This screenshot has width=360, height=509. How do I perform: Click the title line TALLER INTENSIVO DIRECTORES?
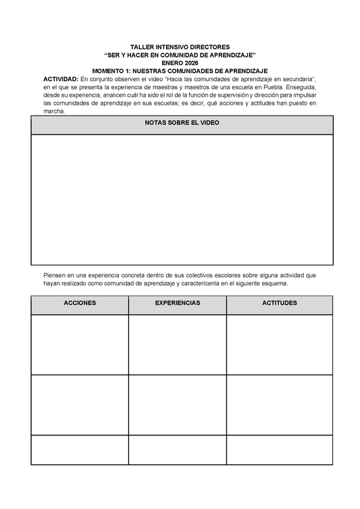[x=180, y=47]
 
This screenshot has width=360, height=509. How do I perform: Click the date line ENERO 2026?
[x=180, y=63]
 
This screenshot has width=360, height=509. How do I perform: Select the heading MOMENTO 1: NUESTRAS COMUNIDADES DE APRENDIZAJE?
[x=180, y=71]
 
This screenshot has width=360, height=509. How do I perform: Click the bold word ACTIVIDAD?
[x=61, y=79]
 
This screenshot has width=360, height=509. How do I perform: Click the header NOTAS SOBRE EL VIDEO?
[x=182, y=123]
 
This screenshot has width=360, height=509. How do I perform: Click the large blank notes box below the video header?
[x=182, y=199]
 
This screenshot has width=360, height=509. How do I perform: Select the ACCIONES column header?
[x=80, y=304]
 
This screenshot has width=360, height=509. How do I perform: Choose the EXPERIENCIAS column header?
[x=178, y=304]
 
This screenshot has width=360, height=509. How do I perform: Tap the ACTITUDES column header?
[x=279, y=304]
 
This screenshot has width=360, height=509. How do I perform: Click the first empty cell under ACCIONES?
[x=80, y=344]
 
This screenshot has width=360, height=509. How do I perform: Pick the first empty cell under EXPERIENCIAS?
[x=178, y=344]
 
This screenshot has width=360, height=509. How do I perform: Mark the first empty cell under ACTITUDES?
[x=279, y=344]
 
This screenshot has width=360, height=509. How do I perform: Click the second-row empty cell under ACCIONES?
[x=80, y=404]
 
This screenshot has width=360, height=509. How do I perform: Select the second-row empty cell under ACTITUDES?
[x=279, y=404]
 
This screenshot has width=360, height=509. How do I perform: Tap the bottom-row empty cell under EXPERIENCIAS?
[x=178, y=450]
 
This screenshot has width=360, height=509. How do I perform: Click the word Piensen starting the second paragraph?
[x=55, y=276]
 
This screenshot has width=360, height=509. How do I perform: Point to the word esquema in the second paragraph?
[x=274, y=284]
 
